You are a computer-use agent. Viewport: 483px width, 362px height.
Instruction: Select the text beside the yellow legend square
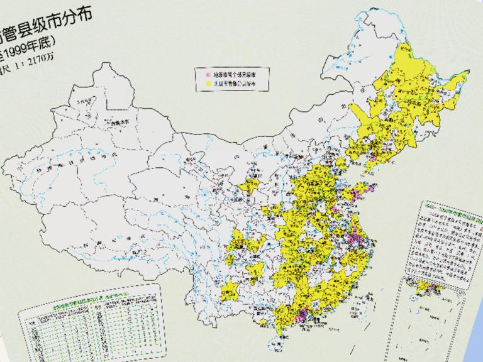coord(232,82)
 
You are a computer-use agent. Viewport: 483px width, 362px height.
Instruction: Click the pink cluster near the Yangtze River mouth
coord(360,240)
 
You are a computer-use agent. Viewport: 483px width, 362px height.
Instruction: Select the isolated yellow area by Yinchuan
coord(253,186)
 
